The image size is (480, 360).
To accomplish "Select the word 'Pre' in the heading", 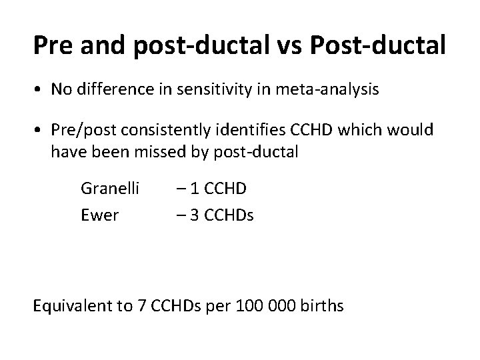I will tap(54, 46).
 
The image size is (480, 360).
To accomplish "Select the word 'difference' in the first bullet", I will tap(107, 90).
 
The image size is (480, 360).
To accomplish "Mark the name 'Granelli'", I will tap(109, 189).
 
